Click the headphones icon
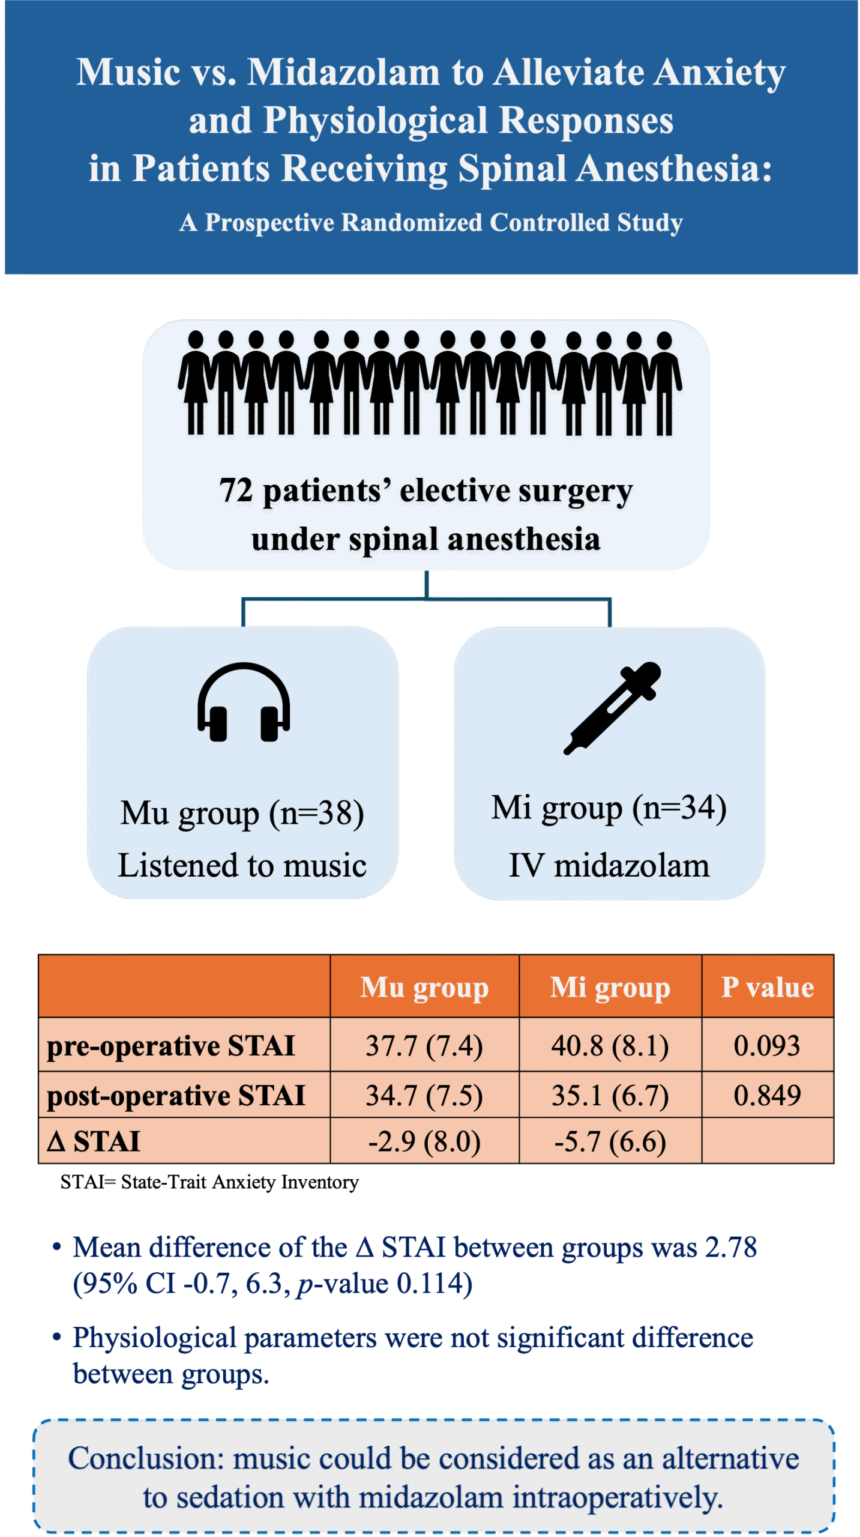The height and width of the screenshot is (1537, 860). click(244, 702)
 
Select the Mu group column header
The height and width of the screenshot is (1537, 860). click(424, 988)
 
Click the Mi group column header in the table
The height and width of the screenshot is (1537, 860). click(610, 988)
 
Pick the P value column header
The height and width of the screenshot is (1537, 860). click(767, 988)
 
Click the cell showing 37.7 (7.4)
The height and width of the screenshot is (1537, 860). click(424, 1046)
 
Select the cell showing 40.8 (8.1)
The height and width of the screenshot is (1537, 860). click(610, 1046)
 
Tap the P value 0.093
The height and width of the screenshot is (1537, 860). click(767, 1046)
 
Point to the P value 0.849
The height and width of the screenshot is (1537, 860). click(767, 1096)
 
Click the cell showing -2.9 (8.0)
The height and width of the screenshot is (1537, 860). click(424, 1141)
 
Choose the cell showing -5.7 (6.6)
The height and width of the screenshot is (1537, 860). click(610, 1141)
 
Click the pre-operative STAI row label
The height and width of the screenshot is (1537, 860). click(171, 1046)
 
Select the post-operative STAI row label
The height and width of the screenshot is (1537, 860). click(176, 1096)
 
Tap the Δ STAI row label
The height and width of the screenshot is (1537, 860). click(94, 1141)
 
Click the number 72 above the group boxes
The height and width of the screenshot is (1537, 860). click(236, 491)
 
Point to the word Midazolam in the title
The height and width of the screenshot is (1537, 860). click(344, 72)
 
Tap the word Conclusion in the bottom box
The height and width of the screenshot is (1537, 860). click(145, 1459)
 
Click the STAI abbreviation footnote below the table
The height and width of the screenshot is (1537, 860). click(209, 1182)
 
